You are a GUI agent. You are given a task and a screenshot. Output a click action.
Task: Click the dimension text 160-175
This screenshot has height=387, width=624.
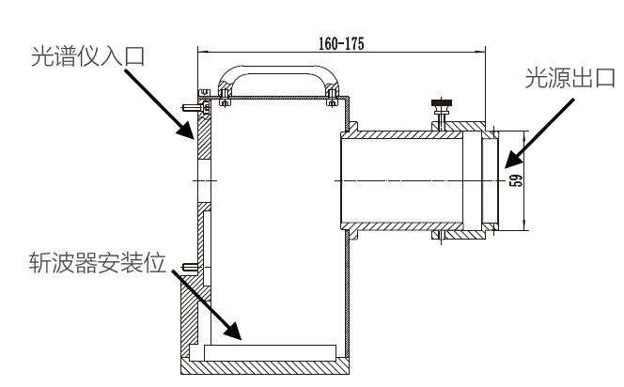coord(340,43)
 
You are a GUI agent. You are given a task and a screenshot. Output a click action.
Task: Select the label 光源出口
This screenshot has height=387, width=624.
coord(569,79)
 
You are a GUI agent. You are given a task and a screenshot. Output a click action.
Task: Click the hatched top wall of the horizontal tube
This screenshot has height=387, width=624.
coord(404,134)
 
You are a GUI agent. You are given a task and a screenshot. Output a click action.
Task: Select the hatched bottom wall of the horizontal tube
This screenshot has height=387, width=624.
coord(404,225)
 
